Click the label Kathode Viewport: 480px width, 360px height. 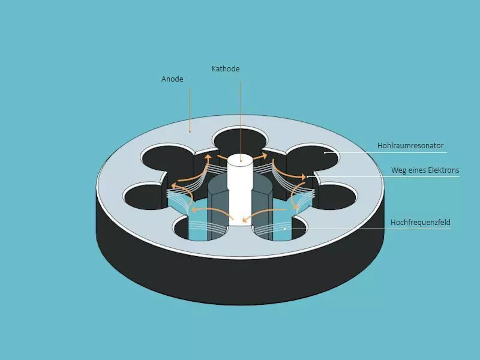(x=226, y=69)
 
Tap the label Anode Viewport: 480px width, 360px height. (x=172, y=79)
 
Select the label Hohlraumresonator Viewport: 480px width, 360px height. (x=410, y=146)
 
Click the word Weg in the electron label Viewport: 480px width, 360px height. (x=399, y=170)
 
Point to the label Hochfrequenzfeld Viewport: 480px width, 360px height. (x=420, y=223)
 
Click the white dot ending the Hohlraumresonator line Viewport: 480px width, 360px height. (x=325, y=152)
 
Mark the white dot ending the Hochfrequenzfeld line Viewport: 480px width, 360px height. (x=284, y=229)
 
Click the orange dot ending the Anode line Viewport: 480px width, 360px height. (x=190, y=130)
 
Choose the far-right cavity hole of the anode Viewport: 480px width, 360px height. (x=335, y=195)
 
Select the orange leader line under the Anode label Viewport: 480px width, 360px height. (x=190, y=108)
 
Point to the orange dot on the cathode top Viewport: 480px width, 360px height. (x=241, y=160)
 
